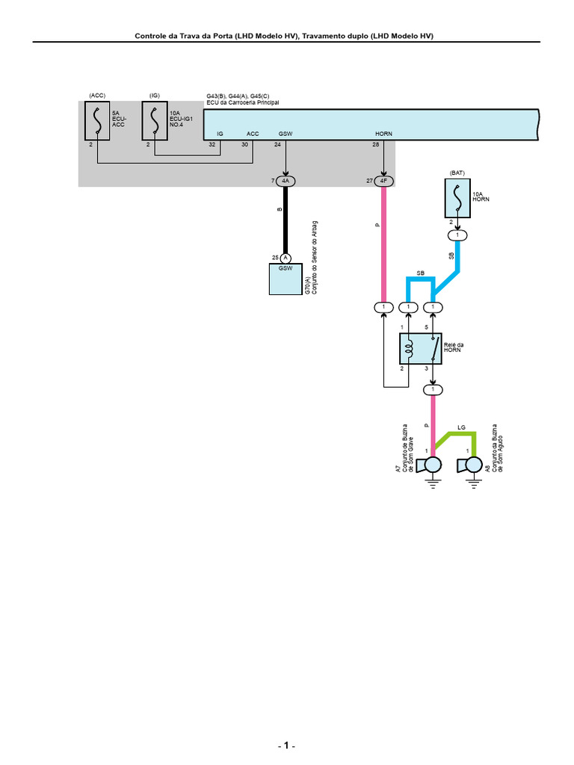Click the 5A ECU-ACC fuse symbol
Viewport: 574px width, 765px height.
96,121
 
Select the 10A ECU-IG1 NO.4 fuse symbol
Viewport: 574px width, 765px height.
154,121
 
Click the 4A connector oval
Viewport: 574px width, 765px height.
285,182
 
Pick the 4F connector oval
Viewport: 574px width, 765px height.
383,182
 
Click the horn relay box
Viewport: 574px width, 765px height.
420,348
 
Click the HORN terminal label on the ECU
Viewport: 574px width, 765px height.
383,134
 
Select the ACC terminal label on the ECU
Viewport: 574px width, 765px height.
253,134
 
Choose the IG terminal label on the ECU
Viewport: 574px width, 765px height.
220,134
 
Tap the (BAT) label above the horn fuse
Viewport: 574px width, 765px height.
457,173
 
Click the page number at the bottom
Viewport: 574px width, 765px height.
286,747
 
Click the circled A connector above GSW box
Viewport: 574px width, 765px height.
285,258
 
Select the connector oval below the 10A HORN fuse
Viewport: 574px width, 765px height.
457,235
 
